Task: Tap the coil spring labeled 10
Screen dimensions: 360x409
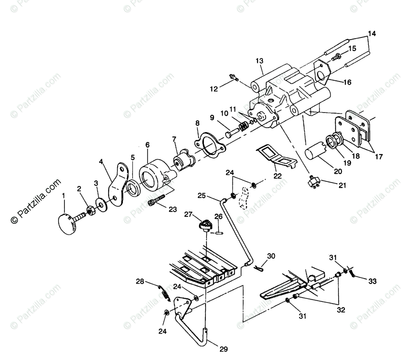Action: click(242, 125)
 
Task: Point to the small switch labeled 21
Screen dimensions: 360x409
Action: click(313, 182)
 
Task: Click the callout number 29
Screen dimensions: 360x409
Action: click(224, 349)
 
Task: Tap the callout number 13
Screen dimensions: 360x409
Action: click(259, 61)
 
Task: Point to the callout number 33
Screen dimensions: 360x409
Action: click(372, 281)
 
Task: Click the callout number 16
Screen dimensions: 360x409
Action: click(347, 82)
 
